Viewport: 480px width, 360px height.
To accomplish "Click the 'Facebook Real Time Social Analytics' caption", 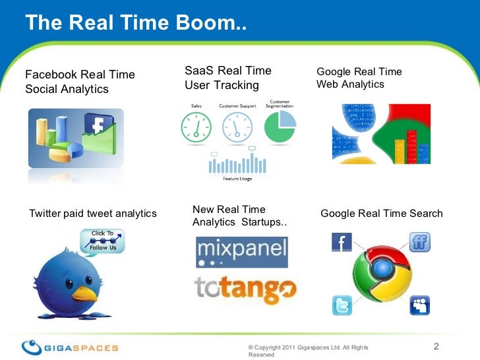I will tap(80, 82).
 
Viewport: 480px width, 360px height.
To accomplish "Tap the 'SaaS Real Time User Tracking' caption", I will tap(228, 78).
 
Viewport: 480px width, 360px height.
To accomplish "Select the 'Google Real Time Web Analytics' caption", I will tap(359, 78).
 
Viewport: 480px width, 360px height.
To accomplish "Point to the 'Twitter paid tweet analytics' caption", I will tap(93, 213).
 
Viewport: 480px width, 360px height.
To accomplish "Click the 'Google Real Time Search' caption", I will tap(381, 214).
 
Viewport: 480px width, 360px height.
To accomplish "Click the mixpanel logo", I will tap(241, 252).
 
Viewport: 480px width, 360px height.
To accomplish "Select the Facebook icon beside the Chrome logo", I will tap(342, 243).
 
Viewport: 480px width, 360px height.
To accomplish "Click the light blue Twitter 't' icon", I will tap(342, 305).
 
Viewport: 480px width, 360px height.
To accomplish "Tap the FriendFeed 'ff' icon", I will tap(419, 242).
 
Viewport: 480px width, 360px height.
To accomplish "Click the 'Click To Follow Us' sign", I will tap(102, 241).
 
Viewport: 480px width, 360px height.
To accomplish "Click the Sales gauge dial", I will tap(196, 125).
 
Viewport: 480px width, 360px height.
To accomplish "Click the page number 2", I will tap(436, 347).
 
